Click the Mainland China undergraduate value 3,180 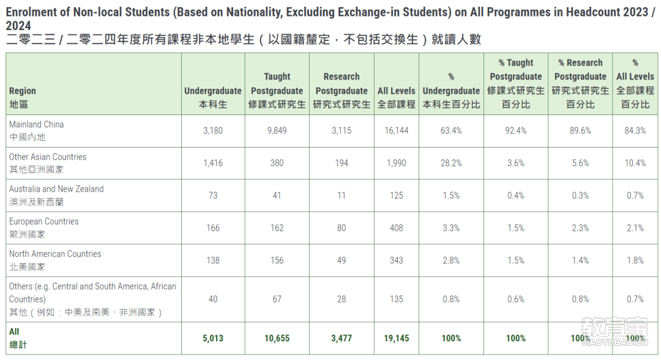(x=213, y=130)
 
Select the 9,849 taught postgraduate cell (x=277, y=130)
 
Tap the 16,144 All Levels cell (x=396, y=130)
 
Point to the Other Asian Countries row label (x=48, y=163)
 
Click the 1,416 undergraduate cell (x=213, y=163)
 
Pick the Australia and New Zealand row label (x=56, y=195)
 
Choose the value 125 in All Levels (x=396, y=195)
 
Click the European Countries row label (x=44, y=228)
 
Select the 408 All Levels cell (x=396, y=228)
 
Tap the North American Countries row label (x=55, y=260)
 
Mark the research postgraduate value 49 (x=342, y=261)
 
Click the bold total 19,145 (x=396, y=338)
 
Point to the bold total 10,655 (x=277, y=338)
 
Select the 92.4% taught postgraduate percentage (x=515, y=130)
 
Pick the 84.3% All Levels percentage (x=635, y=130)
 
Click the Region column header (x=23, y=97)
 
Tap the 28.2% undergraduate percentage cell (x=451, y=163)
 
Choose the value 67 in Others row (x=277, y=299)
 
